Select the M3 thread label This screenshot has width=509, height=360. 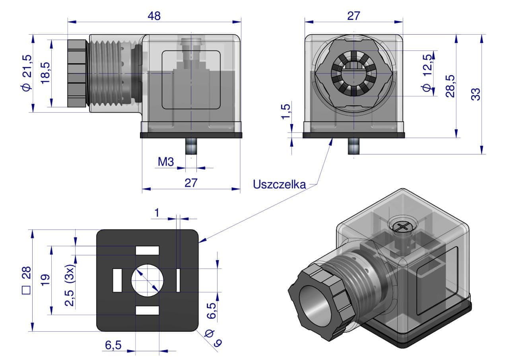click(165, 162)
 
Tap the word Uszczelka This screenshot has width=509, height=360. click(280, 185)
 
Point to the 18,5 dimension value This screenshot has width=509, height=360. click(46, 73)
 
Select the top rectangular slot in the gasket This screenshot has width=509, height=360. click(147, 251)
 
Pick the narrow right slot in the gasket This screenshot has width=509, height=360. click(178, 280)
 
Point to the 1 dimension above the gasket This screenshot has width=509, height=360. click(157, 213)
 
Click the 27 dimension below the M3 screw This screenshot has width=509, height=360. click(191, 183)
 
